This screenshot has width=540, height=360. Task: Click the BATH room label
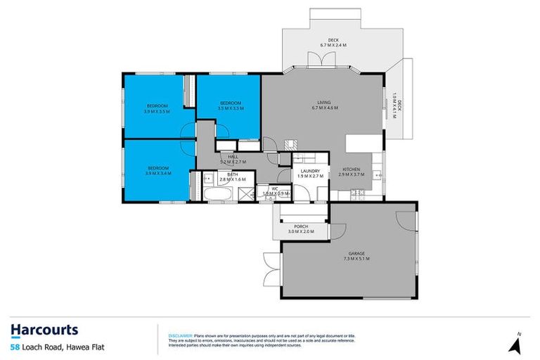tap(232, 176)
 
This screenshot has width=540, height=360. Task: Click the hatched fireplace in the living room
tap(290, 144)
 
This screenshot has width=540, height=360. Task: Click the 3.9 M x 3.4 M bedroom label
tap(158, 171)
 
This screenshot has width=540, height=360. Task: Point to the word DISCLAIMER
tap(181, 336)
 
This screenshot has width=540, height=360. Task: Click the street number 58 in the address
tap(14, 348)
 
